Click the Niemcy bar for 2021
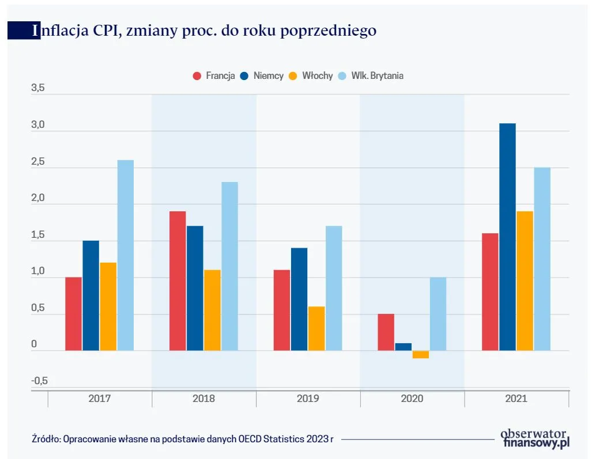tap(507, 237)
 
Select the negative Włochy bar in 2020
tap(421, 355)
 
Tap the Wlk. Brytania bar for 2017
tap(125, 255)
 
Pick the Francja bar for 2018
tap(178, 280)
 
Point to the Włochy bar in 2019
tap(316, 328)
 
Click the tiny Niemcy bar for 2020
tap(404, 347)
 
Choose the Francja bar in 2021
tap(490, 291)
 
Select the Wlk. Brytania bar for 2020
tap(438, 314)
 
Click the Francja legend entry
tap(214, 75)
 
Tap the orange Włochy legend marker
tap(293, 75)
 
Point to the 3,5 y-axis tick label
tap(37, 89)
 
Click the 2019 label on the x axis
tap(308, 399)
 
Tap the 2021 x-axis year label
tap(516, 399)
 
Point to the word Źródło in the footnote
tap(45, 439)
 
